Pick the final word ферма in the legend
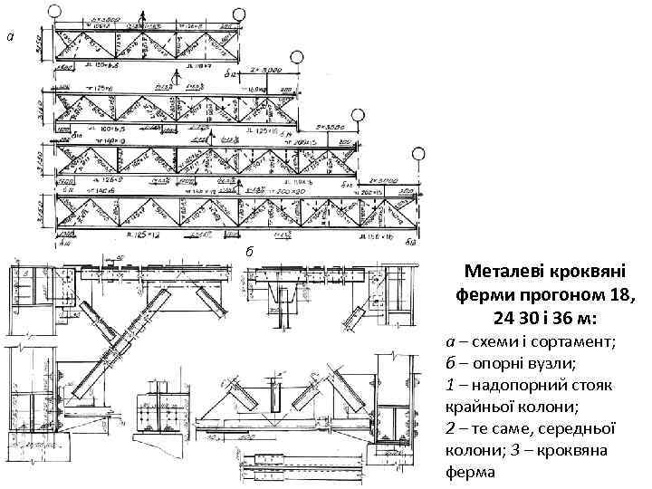[x=471, y=473]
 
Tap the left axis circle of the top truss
[x=54, y=12]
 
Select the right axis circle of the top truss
[x=239, y=15]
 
